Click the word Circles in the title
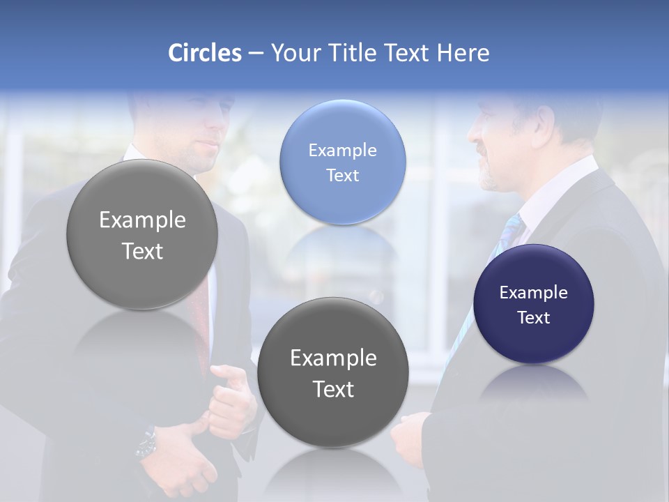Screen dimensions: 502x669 (204, 53)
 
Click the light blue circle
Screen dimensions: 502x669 (342, 162)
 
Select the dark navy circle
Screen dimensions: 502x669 (533, 304)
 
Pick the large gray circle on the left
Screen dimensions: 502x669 (142, 234)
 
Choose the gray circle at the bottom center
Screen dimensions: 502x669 (333, 372)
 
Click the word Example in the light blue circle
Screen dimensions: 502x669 (342, 150)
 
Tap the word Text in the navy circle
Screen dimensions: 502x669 (533, 317)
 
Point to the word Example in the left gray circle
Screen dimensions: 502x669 (142, 220)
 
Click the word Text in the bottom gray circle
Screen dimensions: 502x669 (333, 389)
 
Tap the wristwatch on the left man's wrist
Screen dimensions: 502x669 (147, 443)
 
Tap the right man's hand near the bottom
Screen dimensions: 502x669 (408, 436)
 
